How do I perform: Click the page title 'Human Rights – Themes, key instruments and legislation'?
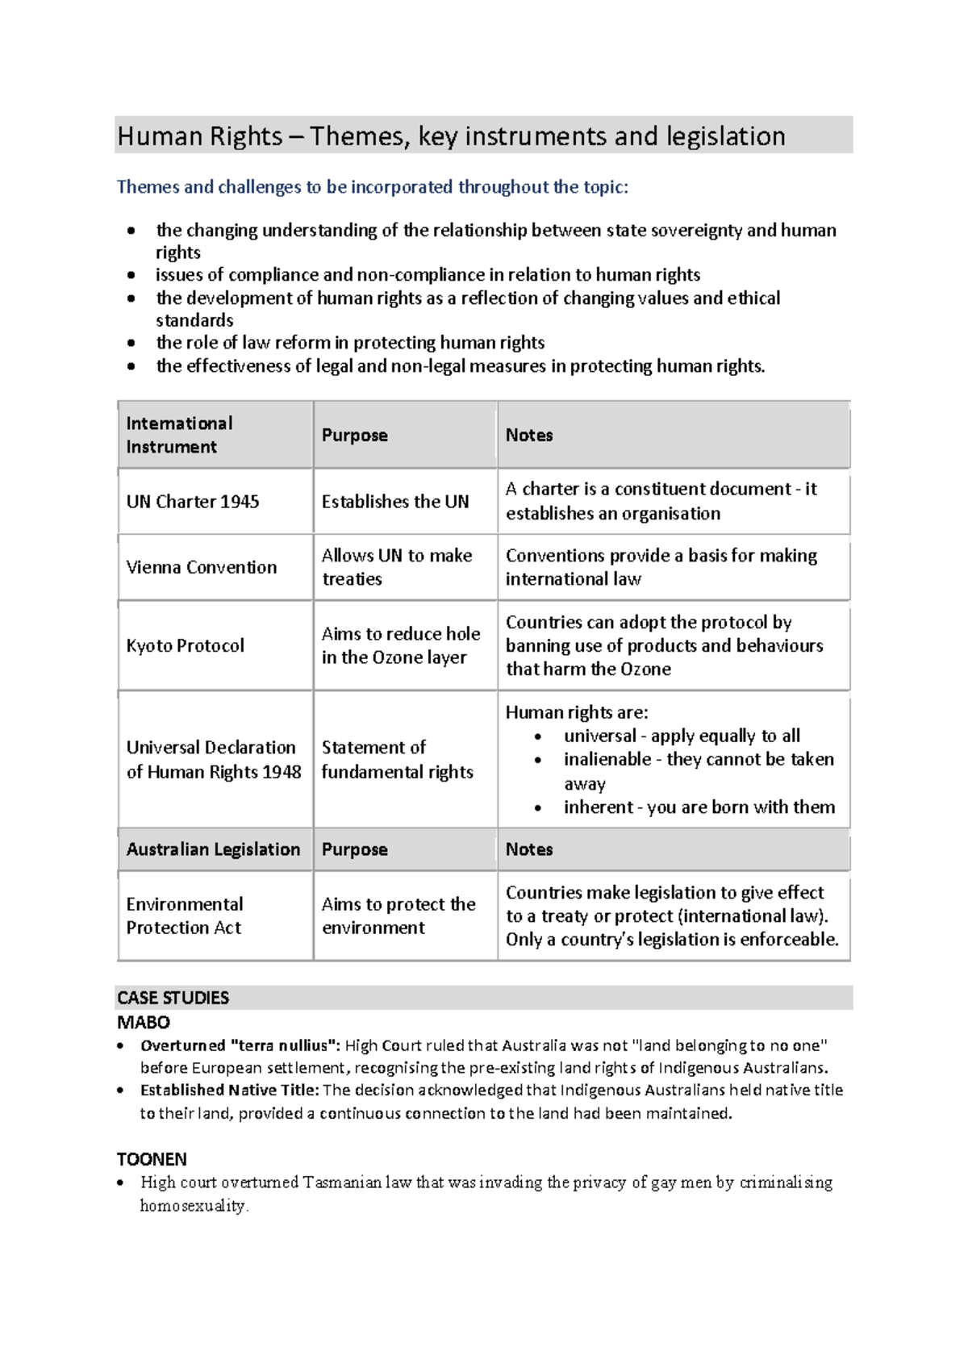click(451, 136)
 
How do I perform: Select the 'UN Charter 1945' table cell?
click(193, 502)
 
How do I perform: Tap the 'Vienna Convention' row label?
click(202, 567)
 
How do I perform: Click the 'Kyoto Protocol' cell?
click(186, 645)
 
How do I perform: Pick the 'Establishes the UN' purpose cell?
click(395, 502)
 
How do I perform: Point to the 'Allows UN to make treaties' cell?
click(397, 567)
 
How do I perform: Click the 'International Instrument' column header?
click(179, 435)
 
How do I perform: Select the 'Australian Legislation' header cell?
click(213, 849)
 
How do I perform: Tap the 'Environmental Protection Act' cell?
click(185, 915)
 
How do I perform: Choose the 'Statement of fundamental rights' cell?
click(397, 759)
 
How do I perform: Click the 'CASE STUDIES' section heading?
click(173, 998)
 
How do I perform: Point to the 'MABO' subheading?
click(144, 1022)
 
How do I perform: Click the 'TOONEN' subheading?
click(152, 1159)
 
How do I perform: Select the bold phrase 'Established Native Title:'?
click(229, 1090)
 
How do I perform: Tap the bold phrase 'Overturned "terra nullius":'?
click(240, 1045)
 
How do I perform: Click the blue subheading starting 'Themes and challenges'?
click(372, 187)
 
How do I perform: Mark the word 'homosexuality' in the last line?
click(193, 1205)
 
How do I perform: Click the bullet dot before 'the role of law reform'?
click(131, 343)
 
